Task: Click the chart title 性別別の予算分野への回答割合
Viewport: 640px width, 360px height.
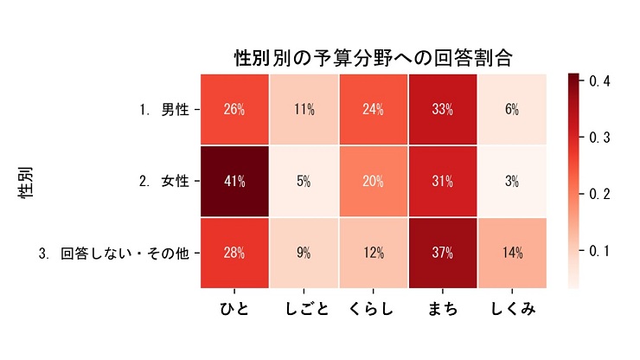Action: [374, 59]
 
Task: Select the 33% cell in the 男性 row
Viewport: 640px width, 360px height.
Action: [443, 110]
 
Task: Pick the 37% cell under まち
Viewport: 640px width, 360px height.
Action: [443, 253]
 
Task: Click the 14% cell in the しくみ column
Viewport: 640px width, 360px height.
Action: [512, 253]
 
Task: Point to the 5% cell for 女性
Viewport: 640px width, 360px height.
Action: [304, 182]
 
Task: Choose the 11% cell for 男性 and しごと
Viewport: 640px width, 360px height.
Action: [304, 110]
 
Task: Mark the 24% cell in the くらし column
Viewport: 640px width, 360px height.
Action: [374, 110]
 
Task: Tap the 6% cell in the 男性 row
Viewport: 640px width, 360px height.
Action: [512, 110]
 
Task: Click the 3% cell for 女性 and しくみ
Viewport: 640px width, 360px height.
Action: [512, 182]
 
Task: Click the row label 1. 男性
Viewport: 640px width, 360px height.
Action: [164, 110]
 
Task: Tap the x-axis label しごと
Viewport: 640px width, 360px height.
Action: [304, 309]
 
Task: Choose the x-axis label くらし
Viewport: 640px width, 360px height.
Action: [374, 309]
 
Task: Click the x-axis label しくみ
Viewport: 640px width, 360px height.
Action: [512, 309]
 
